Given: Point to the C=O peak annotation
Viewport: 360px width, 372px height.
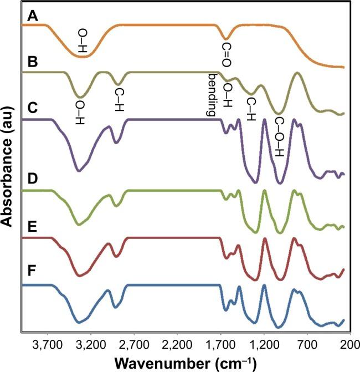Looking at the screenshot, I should click(227, 55).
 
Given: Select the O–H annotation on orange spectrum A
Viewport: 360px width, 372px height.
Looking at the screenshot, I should click(83, 41).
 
